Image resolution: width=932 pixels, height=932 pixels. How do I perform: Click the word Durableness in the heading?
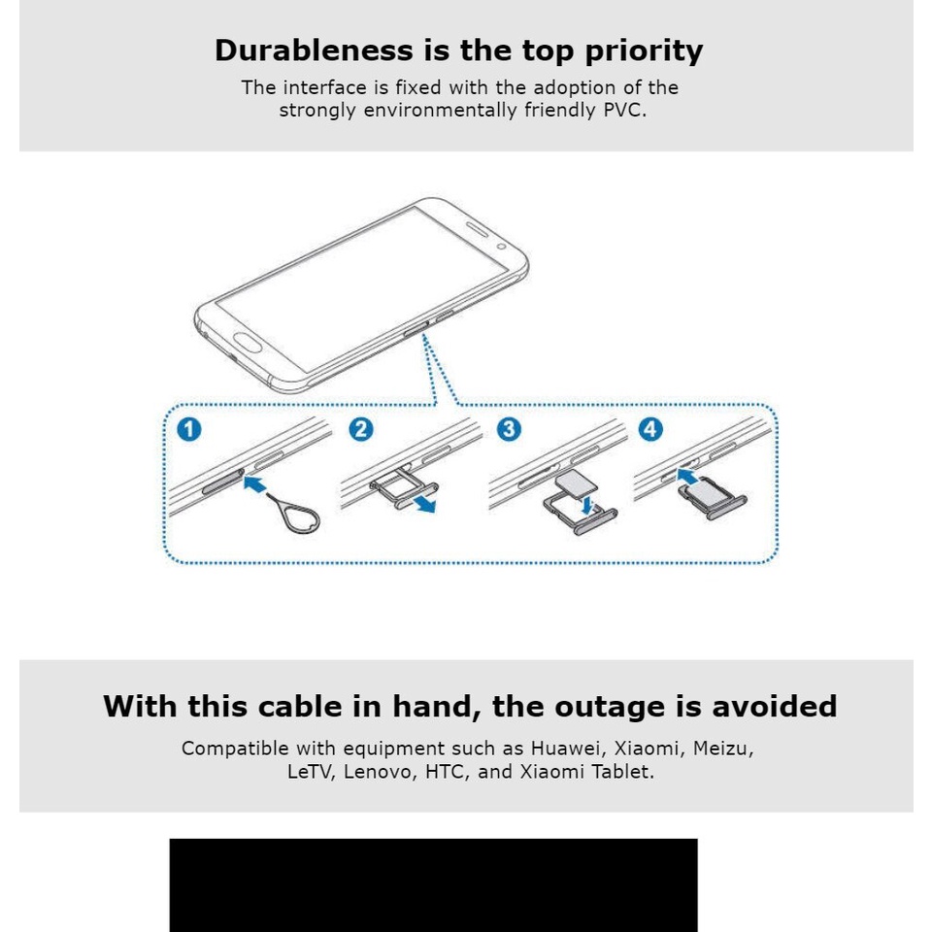(314, 50)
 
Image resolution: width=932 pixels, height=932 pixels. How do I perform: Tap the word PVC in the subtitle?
(624, 110)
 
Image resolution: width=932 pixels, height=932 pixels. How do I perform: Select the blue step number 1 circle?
(189, 429)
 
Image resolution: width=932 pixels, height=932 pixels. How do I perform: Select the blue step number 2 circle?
(361, 429)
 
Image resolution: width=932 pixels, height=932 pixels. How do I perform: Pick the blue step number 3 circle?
(509, 429)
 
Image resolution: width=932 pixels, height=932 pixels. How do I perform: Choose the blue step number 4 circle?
(650, 429)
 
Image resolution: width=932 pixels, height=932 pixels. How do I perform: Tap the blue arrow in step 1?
(255, 483)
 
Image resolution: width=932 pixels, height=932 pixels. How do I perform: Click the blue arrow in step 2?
(425, 504)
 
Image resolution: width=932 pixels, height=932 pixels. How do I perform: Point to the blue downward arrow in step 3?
(588, 507)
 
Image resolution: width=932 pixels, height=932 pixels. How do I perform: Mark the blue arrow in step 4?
(687, 476)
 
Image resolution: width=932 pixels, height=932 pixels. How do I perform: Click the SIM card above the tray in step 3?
(576, 482)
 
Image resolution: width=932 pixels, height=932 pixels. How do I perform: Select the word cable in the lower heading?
(301, 706)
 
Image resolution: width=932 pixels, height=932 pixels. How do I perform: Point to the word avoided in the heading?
(775, 706)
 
